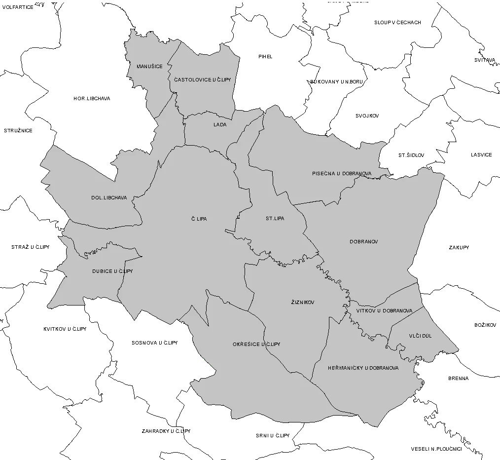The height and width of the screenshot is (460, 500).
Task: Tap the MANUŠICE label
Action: point(149,66)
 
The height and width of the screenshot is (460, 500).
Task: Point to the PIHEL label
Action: point(265,57)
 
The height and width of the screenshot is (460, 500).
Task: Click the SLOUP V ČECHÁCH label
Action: point(397,23)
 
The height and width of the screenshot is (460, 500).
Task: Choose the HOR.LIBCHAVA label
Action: point(92,99)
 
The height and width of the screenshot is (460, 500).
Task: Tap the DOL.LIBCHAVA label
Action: point(109,198)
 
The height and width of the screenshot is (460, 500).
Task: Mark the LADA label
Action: point(220,125)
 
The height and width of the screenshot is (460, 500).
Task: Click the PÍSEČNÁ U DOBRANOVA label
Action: point(342,174)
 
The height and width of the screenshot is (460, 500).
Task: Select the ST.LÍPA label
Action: point(275,218)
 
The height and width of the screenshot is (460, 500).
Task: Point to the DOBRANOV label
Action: point(363,242)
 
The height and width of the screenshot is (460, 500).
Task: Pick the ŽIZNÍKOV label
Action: point(303,302)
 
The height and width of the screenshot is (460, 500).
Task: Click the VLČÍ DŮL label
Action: point(420,336)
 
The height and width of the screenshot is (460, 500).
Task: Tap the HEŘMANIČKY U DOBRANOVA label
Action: point(363,368)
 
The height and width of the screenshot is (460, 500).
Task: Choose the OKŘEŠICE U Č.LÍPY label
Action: point(256,344)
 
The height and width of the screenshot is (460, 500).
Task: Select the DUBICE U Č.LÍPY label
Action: point(112,271)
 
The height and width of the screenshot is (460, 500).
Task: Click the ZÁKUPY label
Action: point(459,247)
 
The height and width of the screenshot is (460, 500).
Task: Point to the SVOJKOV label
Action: point(367,116)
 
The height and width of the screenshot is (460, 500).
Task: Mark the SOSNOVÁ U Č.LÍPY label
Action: point(154,343)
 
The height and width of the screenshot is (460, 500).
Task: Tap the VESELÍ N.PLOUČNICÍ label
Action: point(436,449)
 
